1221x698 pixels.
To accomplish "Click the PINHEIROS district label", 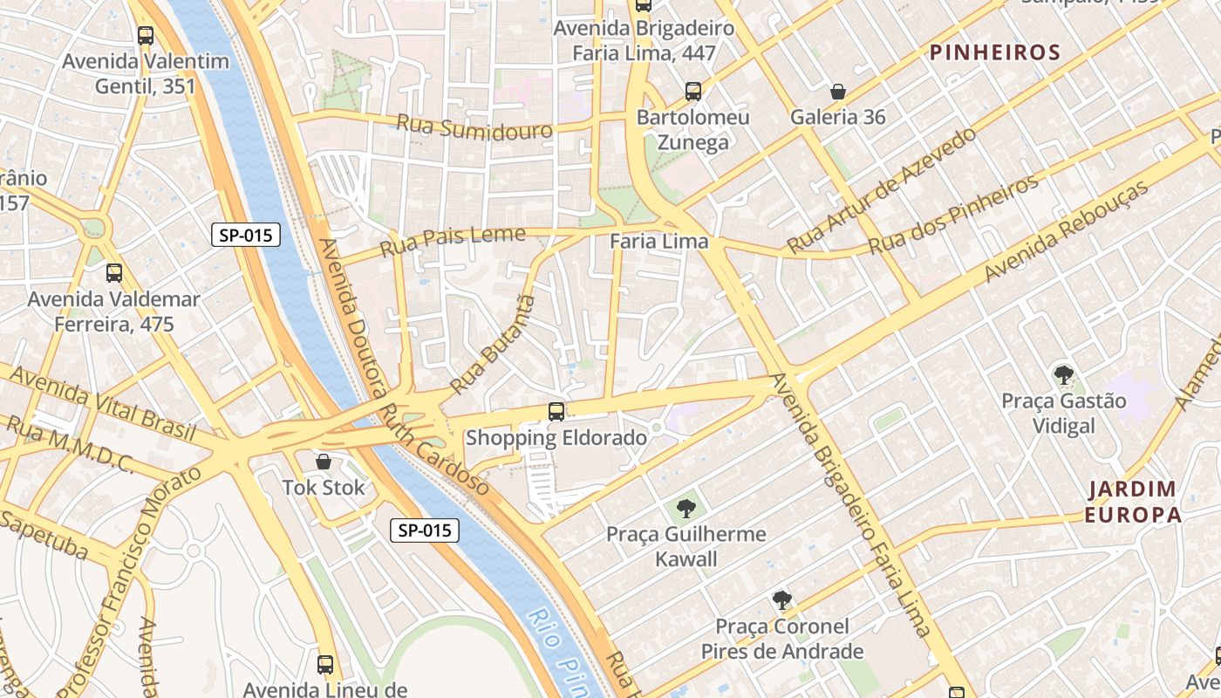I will [995, 52].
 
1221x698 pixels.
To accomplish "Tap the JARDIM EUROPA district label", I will [1132, 502].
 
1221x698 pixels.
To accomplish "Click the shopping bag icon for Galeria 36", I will [838, 91].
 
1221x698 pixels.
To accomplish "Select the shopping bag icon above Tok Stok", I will [324, 461].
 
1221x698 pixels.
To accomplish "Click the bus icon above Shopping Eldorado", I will [556, 411].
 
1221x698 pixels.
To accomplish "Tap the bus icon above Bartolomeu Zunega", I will [693, 91].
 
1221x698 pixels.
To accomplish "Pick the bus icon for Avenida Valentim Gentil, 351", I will [146, 36].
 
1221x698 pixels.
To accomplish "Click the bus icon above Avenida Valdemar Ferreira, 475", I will [114, 273].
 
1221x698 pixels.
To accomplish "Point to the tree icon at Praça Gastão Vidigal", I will [1063, 375].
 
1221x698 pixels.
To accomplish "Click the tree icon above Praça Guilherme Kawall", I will [686, 508].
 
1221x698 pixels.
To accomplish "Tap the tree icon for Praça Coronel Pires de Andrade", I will [782, 600].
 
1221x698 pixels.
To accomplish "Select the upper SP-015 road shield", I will [245, 235].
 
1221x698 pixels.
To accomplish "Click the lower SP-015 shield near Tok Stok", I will [424, 530].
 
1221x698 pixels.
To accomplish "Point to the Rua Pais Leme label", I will [453, 242].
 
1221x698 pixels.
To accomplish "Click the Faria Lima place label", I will [659, 242].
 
